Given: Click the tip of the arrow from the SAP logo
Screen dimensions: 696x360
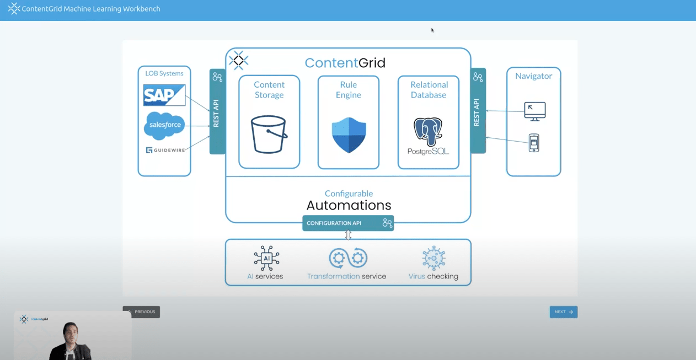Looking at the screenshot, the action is point(210,111).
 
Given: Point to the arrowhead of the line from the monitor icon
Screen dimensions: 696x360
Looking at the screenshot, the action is point(486,111).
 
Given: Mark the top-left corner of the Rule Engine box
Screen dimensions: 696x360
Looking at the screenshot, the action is point(318,76).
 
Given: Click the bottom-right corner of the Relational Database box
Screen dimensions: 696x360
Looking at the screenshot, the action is point(459,169).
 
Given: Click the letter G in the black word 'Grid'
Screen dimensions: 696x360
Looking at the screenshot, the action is point(363,63).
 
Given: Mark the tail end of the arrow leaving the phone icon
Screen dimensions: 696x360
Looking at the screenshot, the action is point(528,143).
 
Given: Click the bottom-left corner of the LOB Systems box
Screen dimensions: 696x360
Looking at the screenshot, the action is point(138,176).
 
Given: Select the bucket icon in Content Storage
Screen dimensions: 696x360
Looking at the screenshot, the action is point(269,134).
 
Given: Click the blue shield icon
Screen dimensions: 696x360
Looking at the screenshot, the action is point(349,135).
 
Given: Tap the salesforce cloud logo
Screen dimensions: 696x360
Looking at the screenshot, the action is point(164,126).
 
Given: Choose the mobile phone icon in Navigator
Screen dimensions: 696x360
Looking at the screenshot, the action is point(534,143).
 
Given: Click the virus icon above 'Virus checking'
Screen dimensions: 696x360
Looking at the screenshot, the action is point(433,258).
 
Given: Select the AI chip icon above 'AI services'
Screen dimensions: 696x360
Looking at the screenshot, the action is point(266,258).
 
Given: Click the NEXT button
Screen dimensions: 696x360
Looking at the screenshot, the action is point(563,312).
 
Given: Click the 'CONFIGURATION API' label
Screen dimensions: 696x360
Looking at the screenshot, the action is point(334,223).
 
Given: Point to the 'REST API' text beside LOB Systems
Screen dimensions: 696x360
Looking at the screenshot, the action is point(216,113).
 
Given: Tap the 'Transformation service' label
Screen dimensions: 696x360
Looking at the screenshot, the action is point(346,276).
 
